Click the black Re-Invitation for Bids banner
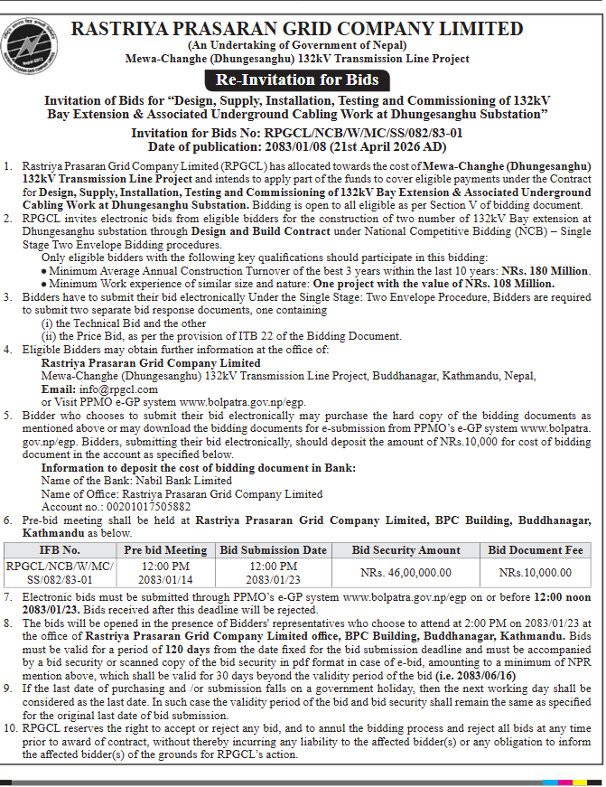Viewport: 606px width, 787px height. coord(303,80)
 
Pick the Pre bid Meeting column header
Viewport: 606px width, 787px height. coord(165,549)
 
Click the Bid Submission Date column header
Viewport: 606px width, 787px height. coord(273,549)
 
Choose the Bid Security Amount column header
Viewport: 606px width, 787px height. coord(406,549)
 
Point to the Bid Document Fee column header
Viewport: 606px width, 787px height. coord(536,549)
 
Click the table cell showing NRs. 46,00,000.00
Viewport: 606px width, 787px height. coord(406,572)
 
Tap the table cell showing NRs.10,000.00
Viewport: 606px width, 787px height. coord(536,572)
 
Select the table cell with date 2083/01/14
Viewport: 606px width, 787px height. coord(165,578)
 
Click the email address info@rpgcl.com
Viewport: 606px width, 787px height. coord(98,388)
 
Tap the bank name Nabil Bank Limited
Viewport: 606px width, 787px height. coord(181,482)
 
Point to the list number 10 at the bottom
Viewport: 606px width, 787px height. coord(10,727)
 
